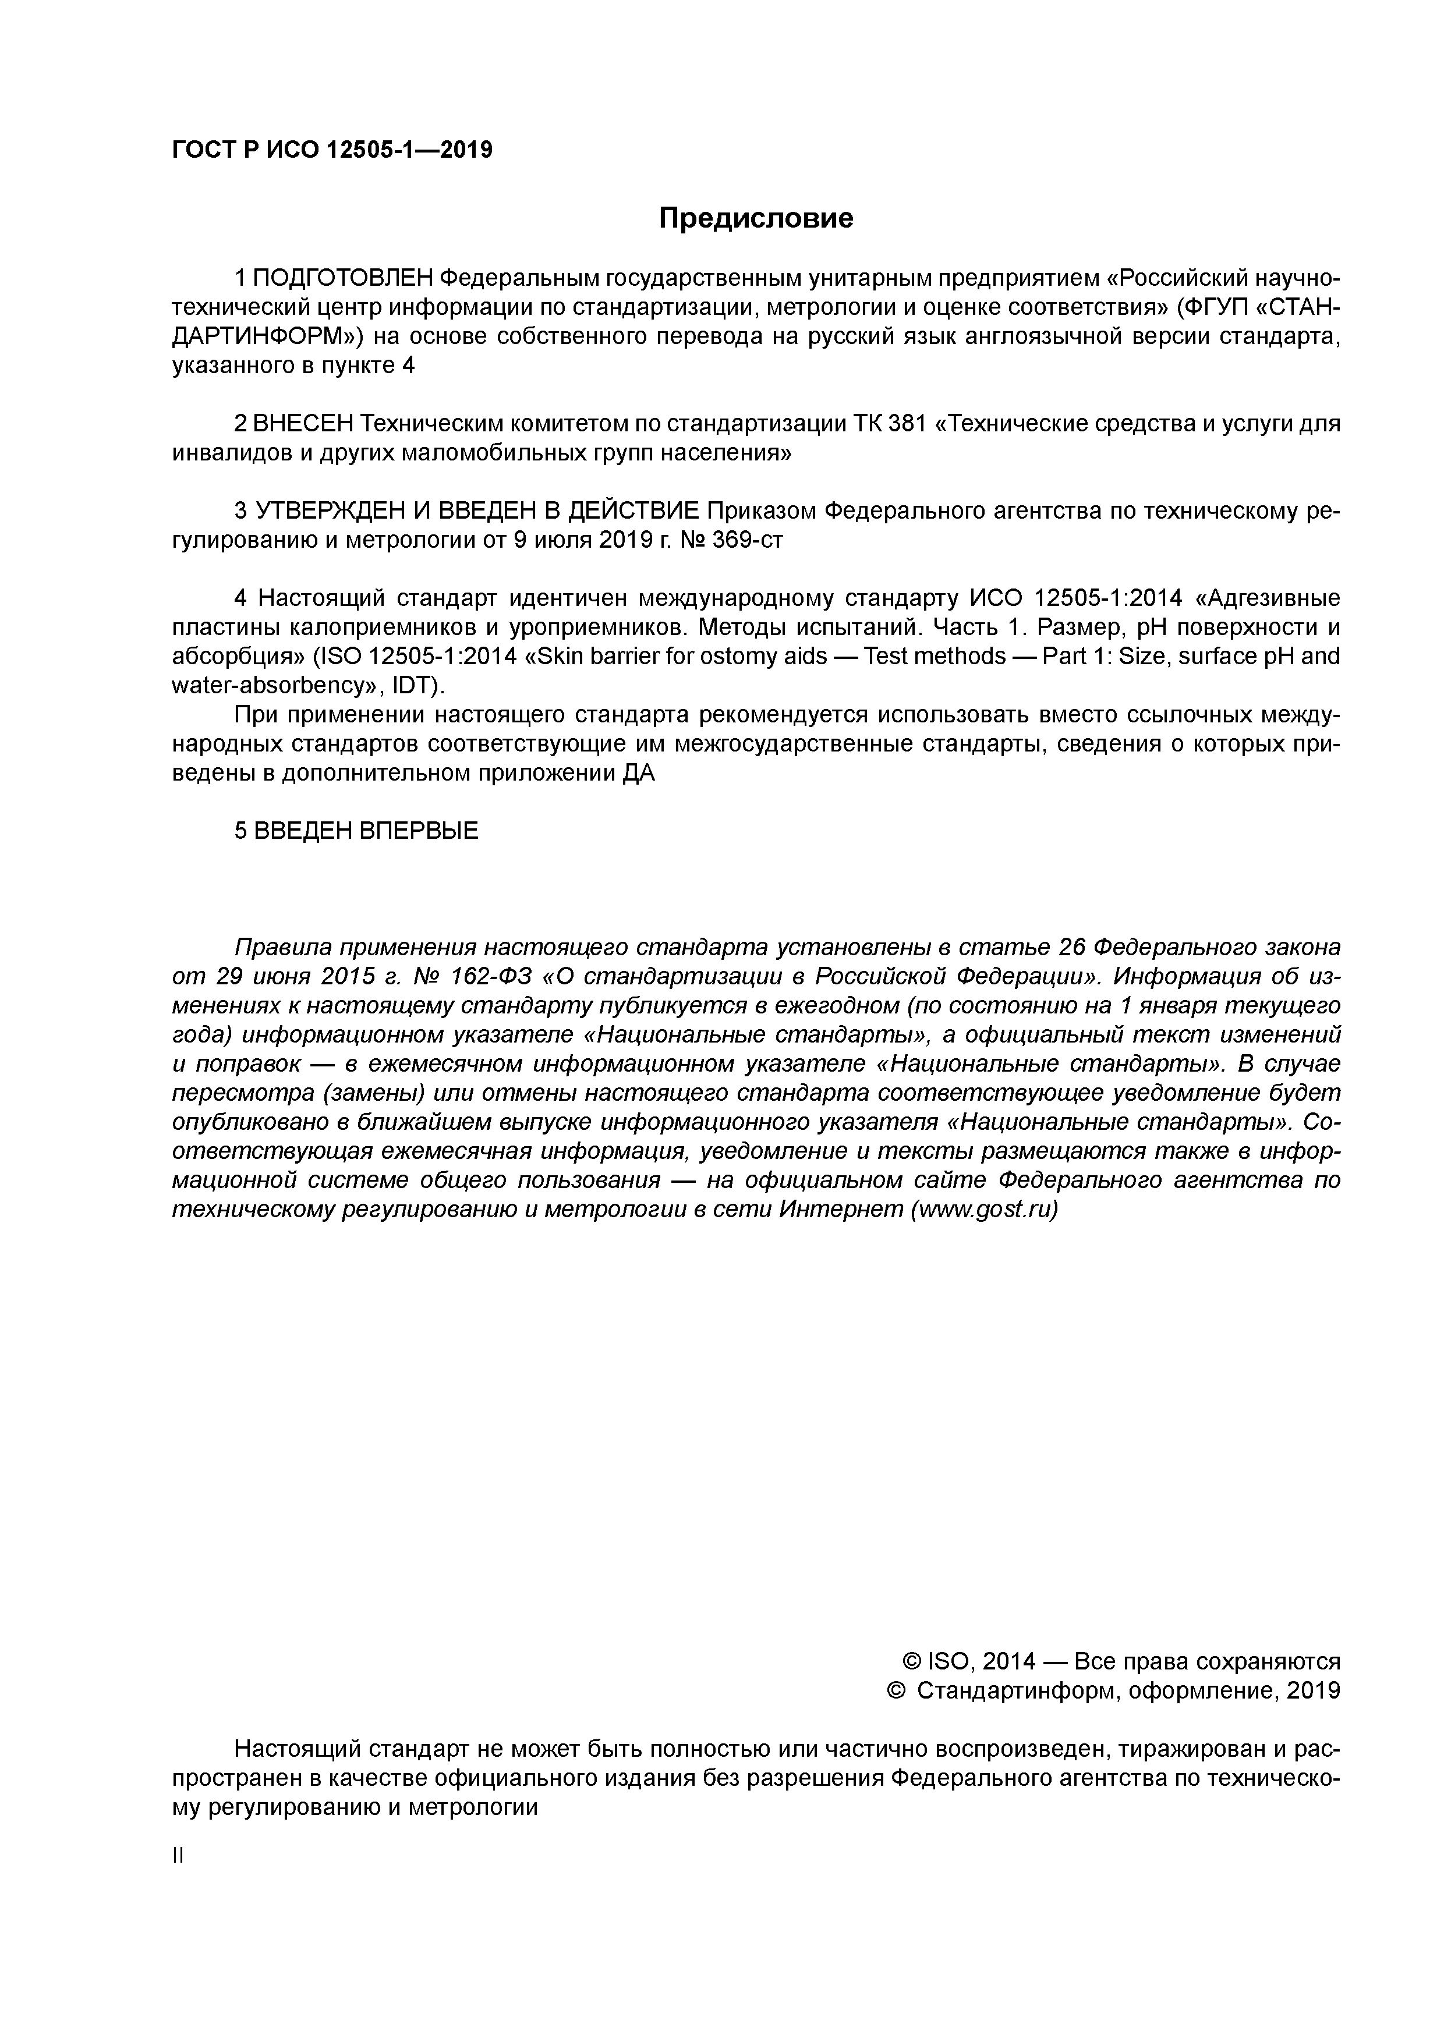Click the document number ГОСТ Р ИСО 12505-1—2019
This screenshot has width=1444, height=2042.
click(x=332, y=150)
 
